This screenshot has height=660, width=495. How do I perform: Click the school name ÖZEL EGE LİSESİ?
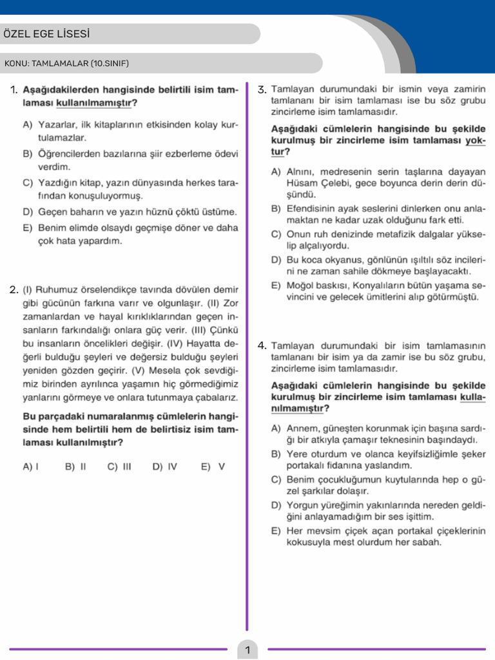46,34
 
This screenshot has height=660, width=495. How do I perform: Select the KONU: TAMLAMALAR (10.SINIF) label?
67,63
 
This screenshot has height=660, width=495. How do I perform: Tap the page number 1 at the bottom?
247,650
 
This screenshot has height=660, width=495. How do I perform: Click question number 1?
14,90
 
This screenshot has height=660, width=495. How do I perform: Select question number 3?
262,90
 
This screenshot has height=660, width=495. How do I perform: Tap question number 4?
262,345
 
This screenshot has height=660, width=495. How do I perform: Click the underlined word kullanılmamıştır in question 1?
94,102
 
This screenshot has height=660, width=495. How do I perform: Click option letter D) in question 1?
27,211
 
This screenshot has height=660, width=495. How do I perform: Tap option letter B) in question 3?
276,209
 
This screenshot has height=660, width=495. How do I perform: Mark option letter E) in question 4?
276,530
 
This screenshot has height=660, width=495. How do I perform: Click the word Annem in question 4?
302,429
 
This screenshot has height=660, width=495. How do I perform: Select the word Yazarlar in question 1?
57,124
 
